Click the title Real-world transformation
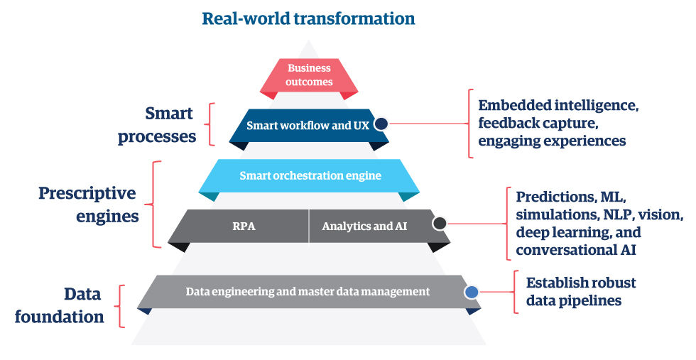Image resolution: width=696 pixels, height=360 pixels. [308, 18]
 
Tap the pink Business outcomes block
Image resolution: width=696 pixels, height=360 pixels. [309, 75]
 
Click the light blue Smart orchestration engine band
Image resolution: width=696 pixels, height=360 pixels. [310, 175]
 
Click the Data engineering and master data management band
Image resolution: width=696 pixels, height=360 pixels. [308, 291]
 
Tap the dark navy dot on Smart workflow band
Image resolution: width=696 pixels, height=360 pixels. [381, 124]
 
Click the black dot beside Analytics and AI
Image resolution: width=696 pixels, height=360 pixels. [439, 224]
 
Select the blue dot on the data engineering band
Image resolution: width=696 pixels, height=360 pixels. [471, 291]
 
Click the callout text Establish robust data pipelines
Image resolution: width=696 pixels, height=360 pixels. [580, 292]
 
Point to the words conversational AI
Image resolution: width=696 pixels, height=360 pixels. [576, 250]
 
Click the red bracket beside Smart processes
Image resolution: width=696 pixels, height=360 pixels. [208, 124]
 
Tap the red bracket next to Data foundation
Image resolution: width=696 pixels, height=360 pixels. [122, 305]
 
